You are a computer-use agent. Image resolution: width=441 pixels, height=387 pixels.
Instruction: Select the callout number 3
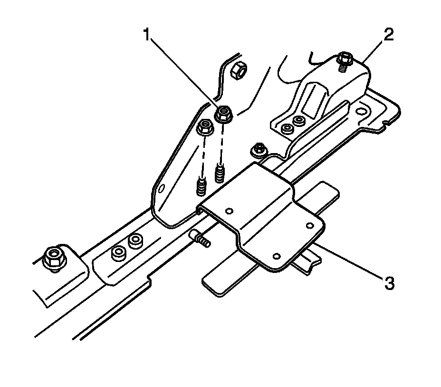pos(389,283)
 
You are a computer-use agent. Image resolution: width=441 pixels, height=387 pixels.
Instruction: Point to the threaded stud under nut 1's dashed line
pos(220,173)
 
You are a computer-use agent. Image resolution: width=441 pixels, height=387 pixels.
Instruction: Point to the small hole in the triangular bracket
pos(162,189)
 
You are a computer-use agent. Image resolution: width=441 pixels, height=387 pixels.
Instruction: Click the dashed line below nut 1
pos(221,145)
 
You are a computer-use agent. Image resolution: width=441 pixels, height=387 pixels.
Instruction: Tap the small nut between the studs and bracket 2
pos(259,149)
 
